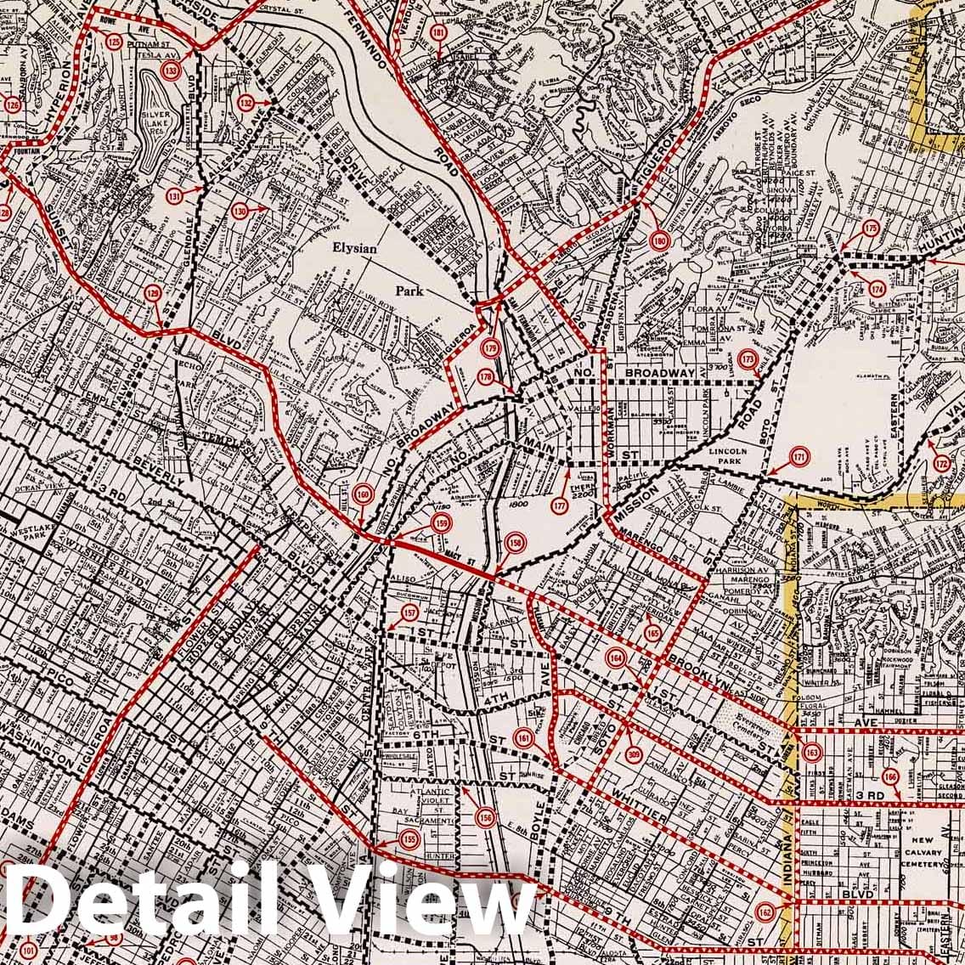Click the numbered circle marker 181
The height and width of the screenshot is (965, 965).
tap(438, 33)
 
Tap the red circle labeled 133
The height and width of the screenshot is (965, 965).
tap(172, 72)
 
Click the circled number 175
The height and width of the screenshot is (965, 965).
tap(871, 228)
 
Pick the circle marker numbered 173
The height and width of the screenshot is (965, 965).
tap(748, 358)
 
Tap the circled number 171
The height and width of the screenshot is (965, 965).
tap(799, 457)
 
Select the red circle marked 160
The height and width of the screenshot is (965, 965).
tap(363, 495)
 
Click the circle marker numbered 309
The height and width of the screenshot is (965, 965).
tap(634, 753)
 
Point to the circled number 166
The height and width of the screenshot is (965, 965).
tap(889, 776)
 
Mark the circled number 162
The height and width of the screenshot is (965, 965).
tap(765, 911)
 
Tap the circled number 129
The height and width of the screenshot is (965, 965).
tap(152, 294)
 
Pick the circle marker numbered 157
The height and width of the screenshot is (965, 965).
tap(409, 613)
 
